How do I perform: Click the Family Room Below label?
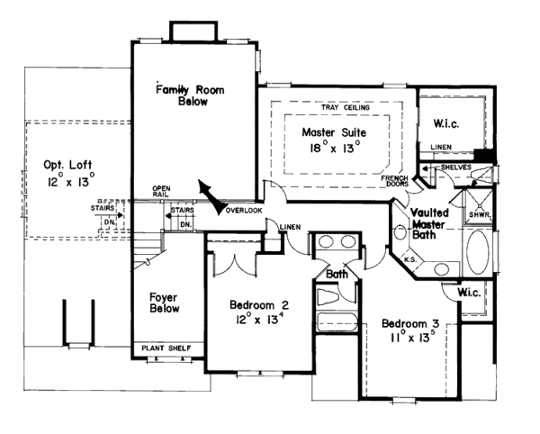tap(190, 95)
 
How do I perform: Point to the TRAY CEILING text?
tap(338, 106)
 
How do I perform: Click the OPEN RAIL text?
tap(162, 196)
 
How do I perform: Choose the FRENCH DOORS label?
tap(394, 184)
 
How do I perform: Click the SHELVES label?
tap(455, 168)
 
